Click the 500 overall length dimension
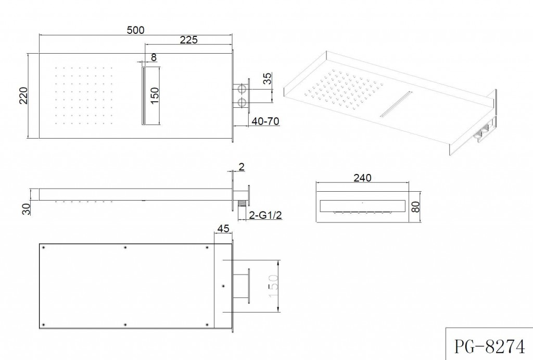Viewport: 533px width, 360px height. [x=136, y=30]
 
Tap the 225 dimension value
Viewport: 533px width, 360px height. [x=188, y=40]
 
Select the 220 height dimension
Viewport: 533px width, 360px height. [x=23, y=96]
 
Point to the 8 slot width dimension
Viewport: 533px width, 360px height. [x=154, y=57]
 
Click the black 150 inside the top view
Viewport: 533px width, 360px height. [x=154, y=96]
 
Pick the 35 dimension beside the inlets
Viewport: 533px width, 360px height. [x=268, y=79]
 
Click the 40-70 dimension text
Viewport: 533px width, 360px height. [x=265, y=121]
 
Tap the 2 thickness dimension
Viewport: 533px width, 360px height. [x=242, y=167]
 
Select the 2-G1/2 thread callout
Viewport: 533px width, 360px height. [x=265, y=215]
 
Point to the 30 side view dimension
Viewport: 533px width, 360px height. [x=26, y=209]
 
